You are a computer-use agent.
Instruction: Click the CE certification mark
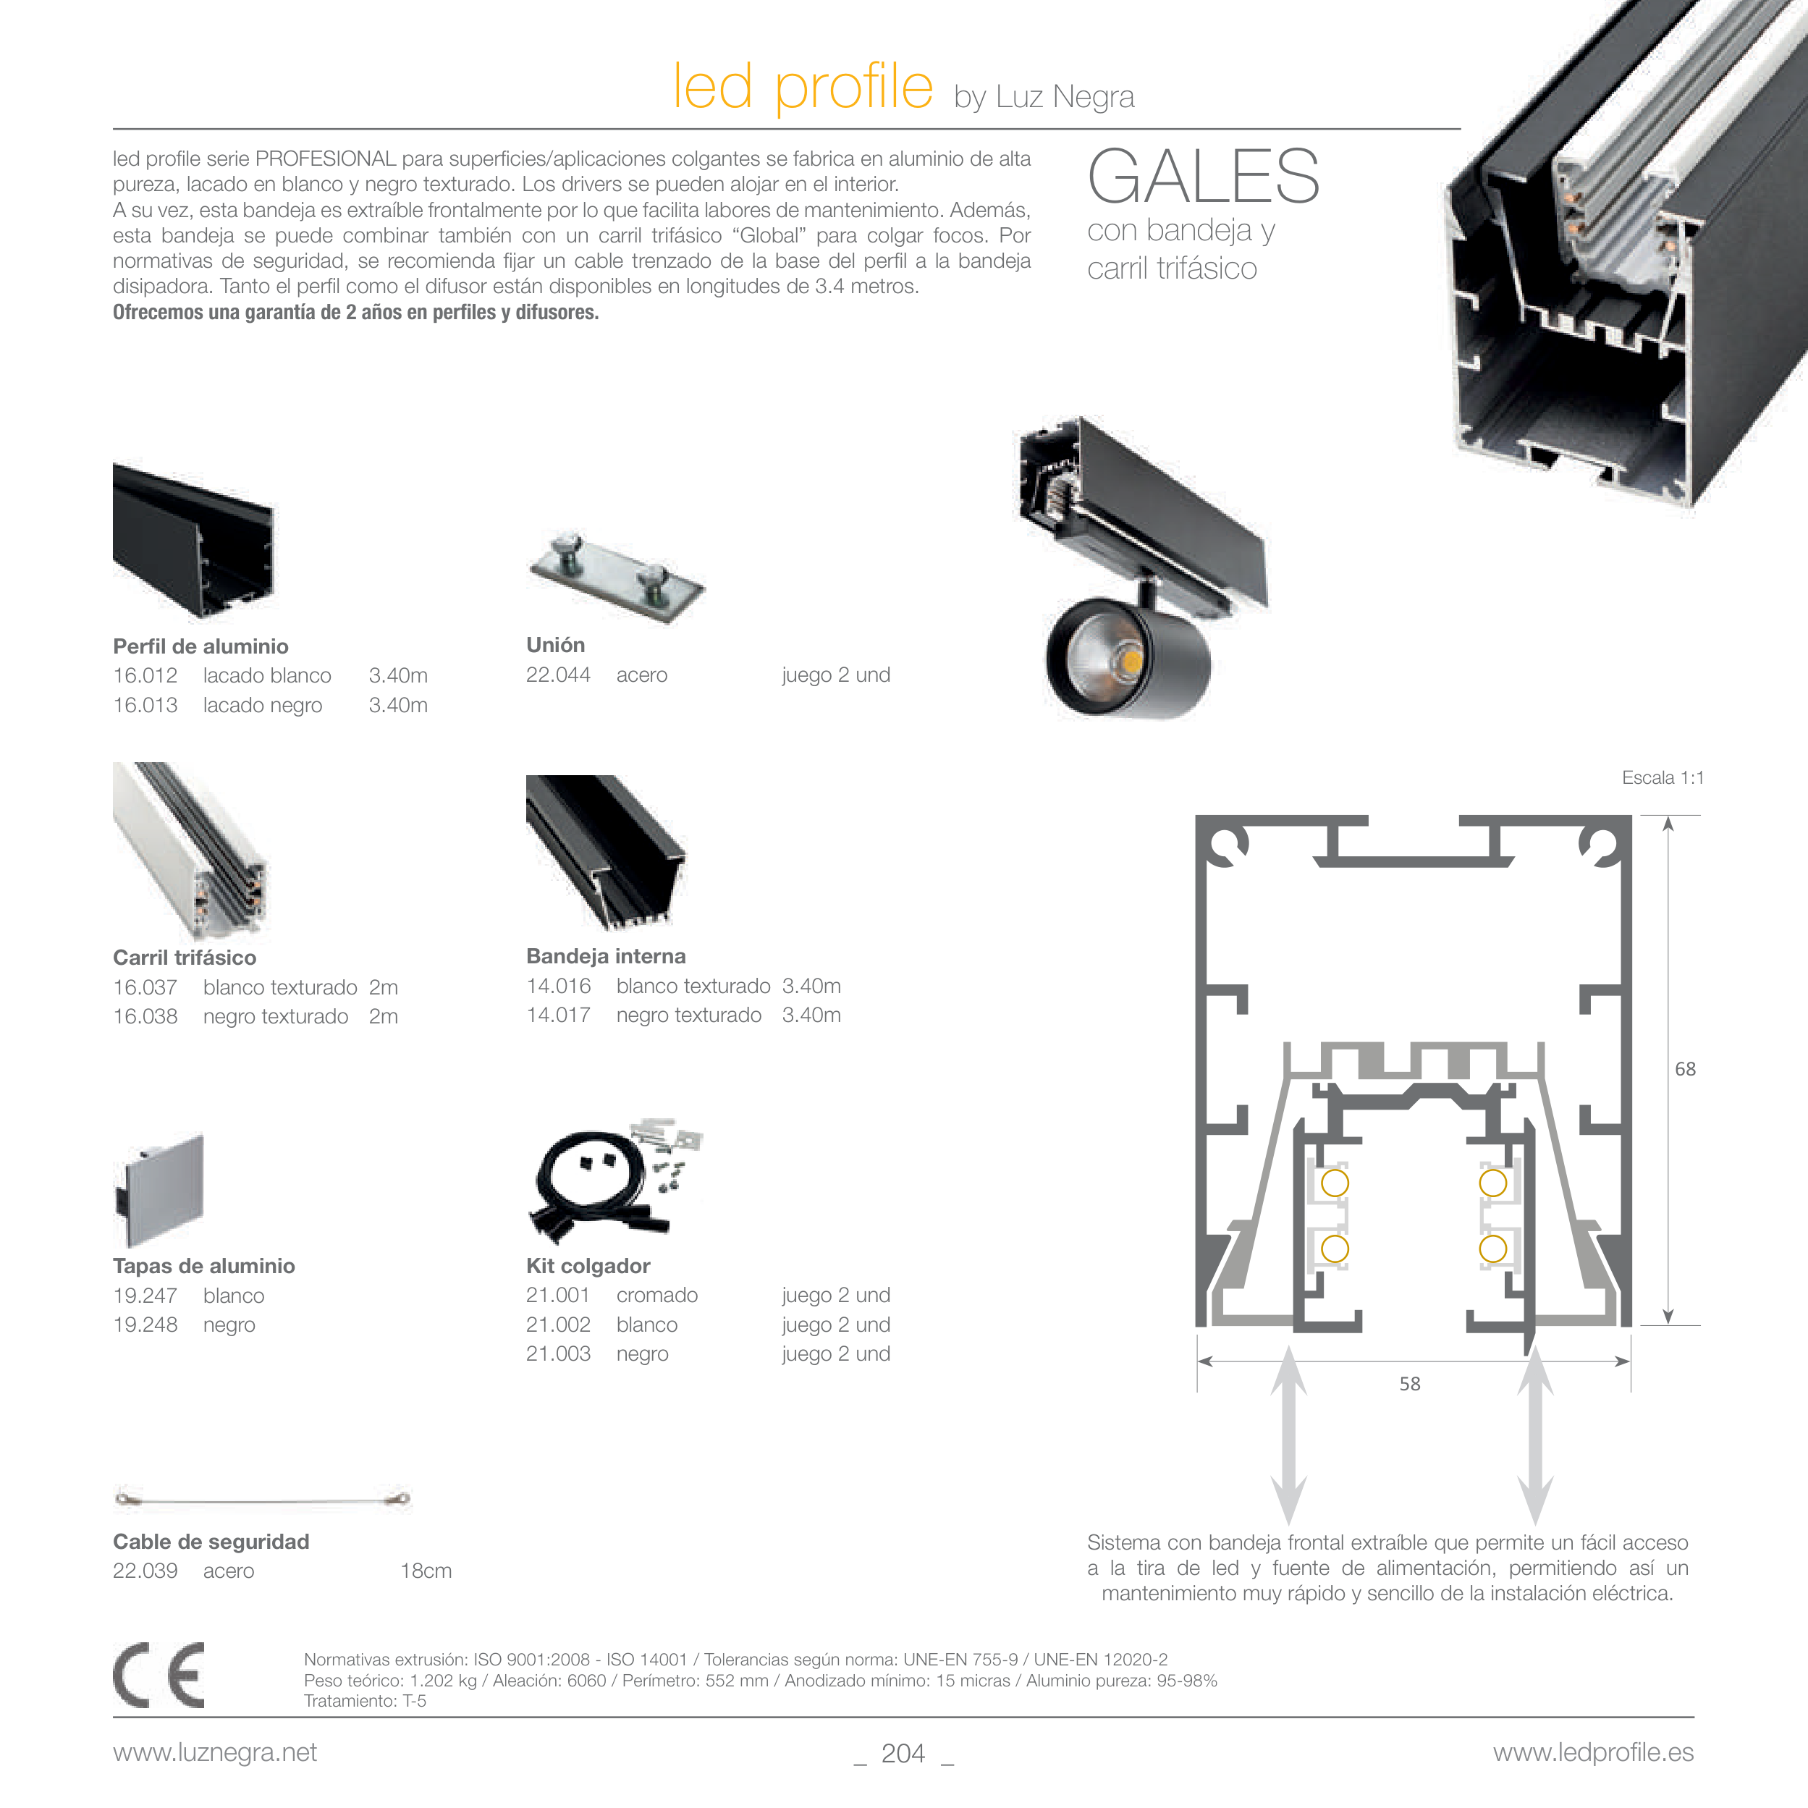pyautogui.click(x=159, y=1674)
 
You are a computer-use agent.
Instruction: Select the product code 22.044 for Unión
pyautogui.click(x=558, y=674)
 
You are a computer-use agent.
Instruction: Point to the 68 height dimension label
pyautogui.click(x=1684, y=1069)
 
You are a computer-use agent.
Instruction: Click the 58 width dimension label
pyautogui.click(x=1409, y=1383)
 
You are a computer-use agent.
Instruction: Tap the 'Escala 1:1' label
pyautogui.click(x=1662, y=777)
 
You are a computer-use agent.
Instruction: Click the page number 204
pyautogui.click(x=903, y=1753)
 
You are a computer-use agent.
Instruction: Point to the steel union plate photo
pyautogui.click(x=617, y=580)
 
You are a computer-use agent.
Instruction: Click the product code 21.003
pyautogui.click(x=558, y=1353)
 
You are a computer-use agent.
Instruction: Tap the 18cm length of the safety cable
pyautogui.click(x=426, y=1571)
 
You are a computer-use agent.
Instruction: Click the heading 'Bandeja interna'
pyautogui.click(x=606, y=955)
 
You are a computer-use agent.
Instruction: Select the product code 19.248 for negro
pyautogui.click(x=145, y=1325)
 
